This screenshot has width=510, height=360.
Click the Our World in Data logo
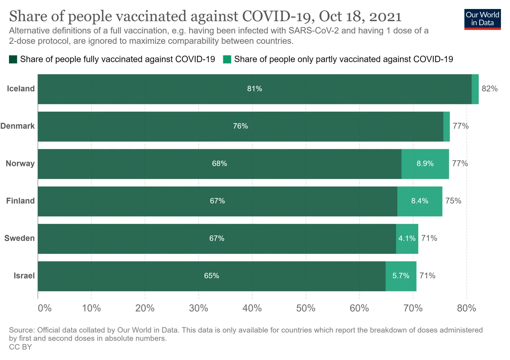click(482, 19)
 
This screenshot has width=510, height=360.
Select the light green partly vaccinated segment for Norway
click(425, 164)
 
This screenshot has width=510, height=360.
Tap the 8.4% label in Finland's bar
click(420, 201)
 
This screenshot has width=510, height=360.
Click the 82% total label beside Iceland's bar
click(489, 89)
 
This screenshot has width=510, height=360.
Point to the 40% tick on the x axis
click(252, 308)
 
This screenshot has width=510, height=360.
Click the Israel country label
click(24, 276)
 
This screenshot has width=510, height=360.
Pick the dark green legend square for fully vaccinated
click(13, 59)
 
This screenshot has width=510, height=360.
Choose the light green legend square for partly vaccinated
click(227, 59)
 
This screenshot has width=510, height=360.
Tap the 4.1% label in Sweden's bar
click(407, 238)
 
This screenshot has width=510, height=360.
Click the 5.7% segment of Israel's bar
click(401, 276)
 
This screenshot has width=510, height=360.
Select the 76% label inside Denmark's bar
click(240, 126)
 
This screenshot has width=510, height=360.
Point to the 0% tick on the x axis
click(45, 308)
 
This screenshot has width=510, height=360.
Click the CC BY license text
click(21, 347)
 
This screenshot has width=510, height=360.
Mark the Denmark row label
click(18, 126)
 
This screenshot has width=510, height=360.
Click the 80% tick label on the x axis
click(466, 308)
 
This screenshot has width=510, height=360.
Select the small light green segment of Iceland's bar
click(475, 89)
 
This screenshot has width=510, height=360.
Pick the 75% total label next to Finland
click(453, 201)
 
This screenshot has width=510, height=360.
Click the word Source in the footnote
click(21, 330)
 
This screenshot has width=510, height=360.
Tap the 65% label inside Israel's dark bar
click(212, 276)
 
